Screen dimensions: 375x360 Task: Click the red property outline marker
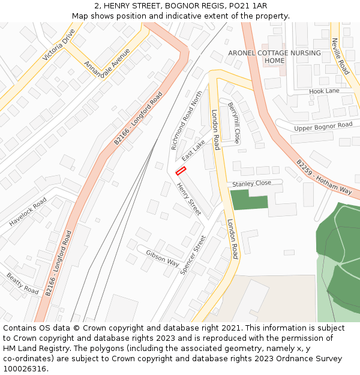(180, 172)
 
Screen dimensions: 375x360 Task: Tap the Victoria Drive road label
(58, 45)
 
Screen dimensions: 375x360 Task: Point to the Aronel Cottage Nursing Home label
(274, 57)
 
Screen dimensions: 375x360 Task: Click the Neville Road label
(340, 56)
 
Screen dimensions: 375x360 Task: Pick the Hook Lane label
(324, 91)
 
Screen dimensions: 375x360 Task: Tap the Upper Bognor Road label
(323, 127)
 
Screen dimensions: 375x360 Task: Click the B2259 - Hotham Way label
(324, 176)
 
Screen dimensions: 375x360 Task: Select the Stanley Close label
(252, 183)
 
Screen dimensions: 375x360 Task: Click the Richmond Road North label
(187, 121)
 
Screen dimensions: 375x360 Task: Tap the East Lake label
(193, 150)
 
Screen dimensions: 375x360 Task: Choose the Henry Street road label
(188, 199)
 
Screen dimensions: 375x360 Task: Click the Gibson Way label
(163, 258)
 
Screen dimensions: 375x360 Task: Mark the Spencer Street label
(193, 254)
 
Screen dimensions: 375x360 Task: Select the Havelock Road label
(28, 212)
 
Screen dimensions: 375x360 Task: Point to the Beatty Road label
(23, 283)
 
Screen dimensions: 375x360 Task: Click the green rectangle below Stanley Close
(249, 199)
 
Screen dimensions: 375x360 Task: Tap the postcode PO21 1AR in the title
(248, 5)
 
